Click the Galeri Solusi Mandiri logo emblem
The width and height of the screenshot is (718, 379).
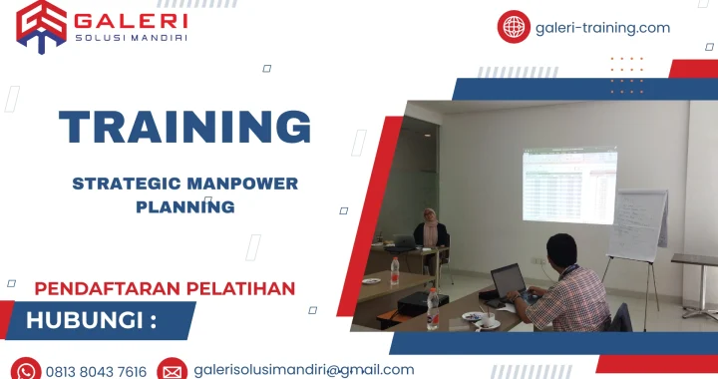pyautogui.click(x=41, y=25)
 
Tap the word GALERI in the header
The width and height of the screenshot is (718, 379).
pyautogui.click(x=130, y=19)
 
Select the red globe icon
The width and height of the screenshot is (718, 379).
pyautogui.click(x=514, y=27)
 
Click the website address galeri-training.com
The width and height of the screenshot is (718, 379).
pyautogui.click(x=602, y=28)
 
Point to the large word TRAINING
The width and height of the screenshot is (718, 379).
pyautogui.click(x=184, y=128)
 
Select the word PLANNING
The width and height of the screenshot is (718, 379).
pyautogui.click(x=185, y=207)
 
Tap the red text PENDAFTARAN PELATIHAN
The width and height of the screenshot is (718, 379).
pyautogui.click(x=165, y=288)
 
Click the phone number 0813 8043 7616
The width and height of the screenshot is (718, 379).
pyautogui.click(x=96, y=371)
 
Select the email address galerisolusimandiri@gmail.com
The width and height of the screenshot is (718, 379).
pyautogui.click(x=303, y=369)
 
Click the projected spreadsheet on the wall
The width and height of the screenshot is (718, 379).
pyautogui.click(x=569, y=186)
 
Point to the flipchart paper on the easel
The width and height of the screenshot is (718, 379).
pyautogui.click(x=638, y=224)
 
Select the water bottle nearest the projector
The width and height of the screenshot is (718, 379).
pyautogui.click(x=432, y=309)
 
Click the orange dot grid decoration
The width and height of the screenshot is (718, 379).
pyautogui.click(x=626, y=75)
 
